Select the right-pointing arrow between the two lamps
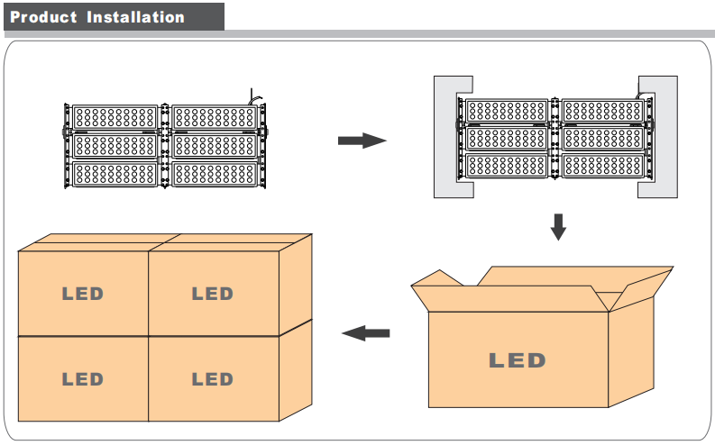(362, 141)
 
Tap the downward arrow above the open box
(558, 226)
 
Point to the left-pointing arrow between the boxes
(366, 333)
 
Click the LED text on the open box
(518, 361)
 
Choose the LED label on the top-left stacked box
(82, 294)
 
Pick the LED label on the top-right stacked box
(213, 294)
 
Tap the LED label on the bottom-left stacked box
(82, 379)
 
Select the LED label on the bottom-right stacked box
(213, 379)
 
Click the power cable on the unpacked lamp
(255, 95)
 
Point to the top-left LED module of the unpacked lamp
(115, 117)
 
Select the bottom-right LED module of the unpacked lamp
(215, 173)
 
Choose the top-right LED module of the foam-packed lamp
(602, 111)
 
